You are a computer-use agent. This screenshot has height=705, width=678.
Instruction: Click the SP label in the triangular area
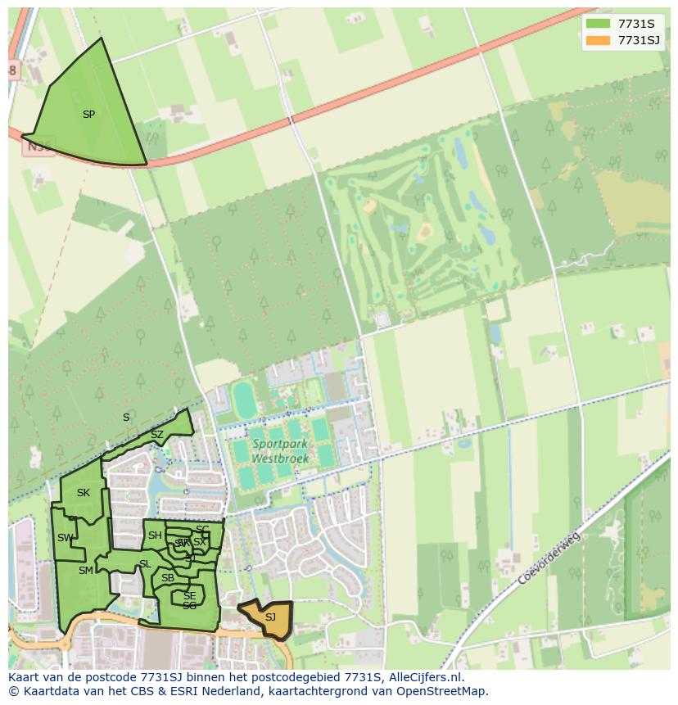click(x=88, y=115)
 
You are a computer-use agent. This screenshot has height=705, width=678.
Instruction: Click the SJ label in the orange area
click(x=270, y=617)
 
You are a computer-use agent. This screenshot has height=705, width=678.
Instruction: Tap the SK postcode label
click(x=83, y=493)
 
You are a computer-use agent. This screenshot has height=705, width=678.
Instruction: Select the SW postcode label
click(x=66, y=538)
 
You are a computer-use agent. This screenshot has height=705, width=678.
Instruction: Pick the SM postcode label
click(x=86, y=571)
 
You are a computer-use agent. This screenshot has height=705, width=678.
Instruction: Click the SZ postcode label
click(x=157, y=434)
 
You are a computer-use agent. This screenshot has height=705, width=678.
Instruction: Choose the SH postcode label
click(x=155, y=536)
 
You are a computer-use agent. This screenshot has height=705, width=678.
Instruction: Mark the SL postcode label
click(x=145, y=564)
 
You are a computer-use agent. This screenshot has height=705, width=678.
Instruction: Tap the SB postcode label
click(x=168, y=578)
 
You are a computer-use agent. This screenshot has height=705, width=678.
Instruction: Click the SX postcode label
click(x=200, y=542)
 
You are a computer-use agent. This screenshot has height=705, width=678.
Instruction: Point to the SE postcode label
click(x=189, y=596)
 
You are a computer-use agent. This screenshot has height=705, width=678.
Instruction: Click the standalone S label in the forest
click(x=126, y=418)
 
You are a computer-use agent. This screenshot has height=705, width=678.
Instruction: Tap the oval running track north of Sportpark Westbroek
click(x=244, y=400)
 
